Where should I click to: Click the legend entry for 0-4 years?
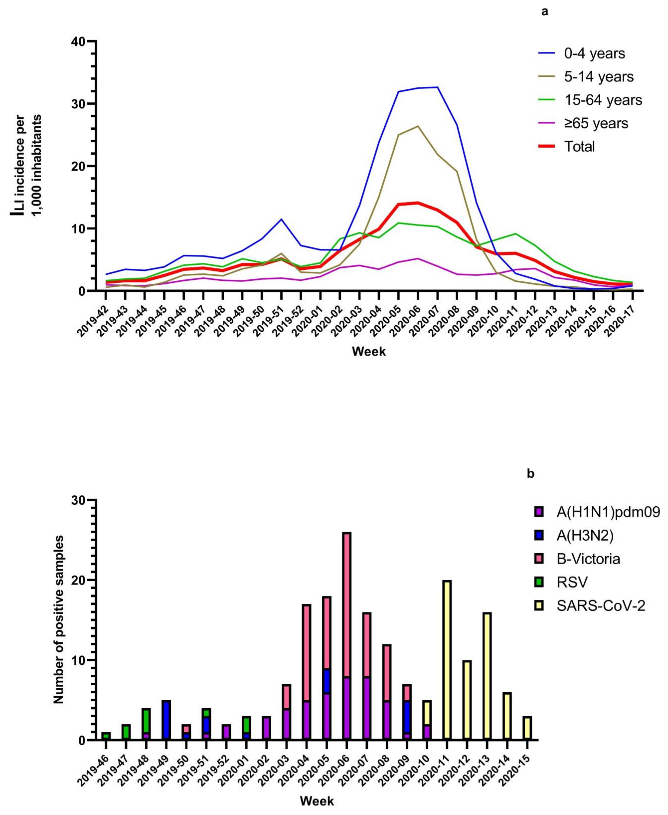595,53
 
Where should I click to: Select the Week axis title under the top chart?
369,351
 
